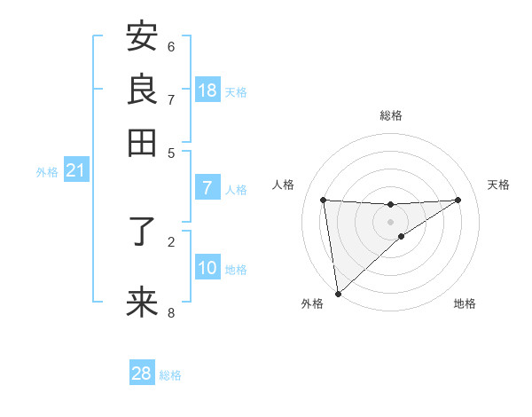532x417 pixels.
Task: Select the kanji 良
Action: click(142, 89)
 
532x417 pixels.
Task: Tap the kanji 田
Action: click(142, 142)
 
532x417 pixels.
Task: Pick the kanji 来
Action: click(142, 303)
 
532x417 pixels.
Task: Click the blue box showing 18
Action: click(207, 90)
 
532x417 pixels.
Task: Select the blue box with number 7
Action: click(207, 188)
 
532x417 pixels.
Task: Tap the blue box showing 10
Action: click(207, 269)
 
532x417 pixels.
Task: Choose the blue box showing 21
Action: click(74, 171)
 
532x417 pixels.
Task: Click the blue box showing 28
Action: click(142, 374)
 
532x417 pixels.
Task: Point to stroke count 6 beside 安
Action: click(171, 46)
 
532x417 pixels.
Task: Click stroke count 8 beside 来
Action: click(171, 312)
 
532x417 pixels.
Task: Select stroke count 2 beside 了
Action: click(171, 240)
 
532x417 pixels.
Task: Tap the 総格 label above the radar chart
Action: click(390, 115)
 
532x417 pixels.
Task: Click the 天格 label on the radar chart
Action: click(499, 185)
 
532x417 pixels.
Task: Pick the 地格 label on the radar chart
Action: click(465, 303)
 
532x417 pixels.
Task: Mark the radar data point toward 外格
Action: click(338, 294)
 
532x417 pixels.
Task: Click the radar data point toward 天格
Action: click(458, 200)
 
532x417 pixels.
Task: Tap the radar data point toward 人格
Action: click(323, 200)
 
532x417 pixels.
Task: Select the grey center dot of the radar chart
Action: click(390, 222)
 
